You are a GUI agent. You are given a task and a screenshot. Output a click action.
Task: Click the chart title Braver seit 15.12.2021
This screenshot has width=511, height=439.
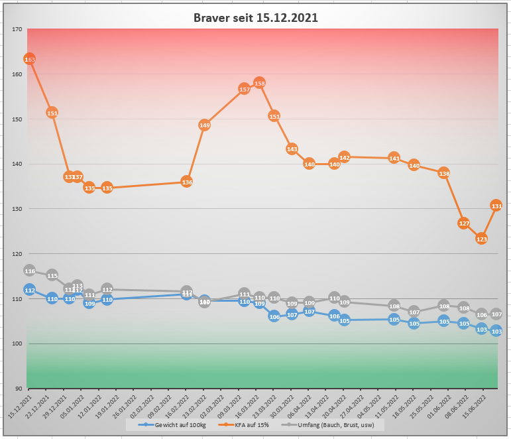pyautogui.click(x=255, y=18)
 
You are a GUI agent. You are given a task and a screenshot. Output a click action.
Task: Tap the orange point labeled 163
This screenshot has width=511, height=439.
pyautogui.click(x=29, y=60)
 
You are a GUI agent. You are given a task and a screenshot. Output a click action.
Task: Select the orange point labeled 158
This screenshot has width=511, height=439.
pyautogui.click(x=260, y=84)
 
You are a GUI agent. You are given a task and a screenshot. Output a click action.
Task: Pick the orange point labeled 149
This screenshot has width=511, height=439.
pyautogui.click(x=205, y=125)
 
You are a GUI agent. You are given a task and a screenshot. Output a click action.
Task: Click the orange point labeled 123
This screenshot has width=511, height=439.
pyautogui.click(x=482, y=239)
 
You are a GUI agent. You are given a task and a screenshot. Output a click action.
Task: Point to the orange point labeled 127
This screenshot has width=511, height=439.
pyautogui.click(x=464, y=223)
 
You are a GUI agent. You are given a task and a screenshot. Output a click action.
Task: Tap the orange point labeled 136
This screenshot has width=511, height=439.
pyautogui.click(x=187, y=182)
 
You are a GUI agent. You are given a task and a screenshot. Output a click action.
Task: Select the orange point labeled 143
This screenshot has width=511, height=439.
pyautogui.click(x=292, y=149)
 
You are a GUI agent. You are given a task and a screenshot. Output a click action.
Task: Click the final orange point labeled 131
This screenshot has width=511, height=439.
pyautogui.click(x=496, y=206)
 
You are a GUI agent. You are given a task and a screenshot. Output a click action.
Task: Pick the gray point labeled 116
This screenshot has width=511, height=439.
pyautogui.click(x=29, y=271)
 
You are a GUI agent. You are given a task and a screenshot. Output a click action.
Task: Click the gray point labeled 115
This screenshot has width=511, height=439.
pyautogui.click(x=52, y=275)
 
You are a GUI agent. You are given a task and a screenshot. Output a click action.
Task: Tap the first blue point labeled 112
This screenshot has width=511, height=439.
pyautogui.click(x=29, y=290)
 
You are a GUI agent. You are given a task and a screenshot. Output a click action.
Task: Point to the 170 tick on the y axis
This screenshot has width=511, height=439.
pyautogui.click(x=17, y=29)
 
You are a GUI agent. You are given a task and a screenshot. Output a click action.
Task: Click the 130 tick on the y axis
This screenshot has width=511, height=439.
pyautogui.click(x=17, y=209)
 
